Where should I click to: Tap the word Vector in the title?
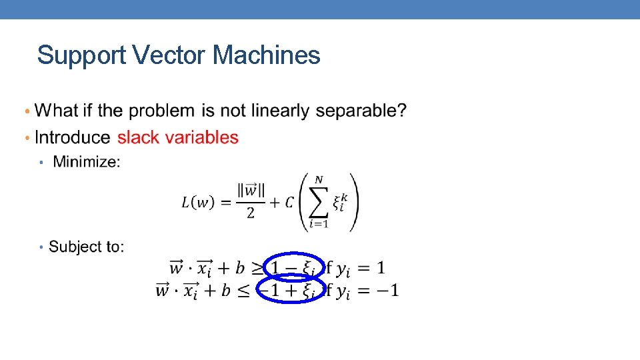169,55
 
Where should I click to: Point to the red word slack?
138,137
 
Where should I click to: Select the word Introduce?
73,137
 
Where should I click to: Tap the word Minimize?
86,161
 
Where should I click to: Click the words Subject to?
87,247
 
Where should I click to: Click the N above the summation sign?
319,179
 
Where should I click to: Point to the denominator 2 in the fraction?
251,213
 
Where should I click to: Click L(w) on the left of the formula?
198,203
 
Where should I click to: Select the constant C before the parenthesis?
289,203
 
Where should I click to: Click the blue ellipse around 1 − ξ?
294,268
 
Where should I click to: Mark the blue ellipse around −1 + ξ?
291,290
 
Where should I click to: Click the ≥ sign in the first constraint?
257,269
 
